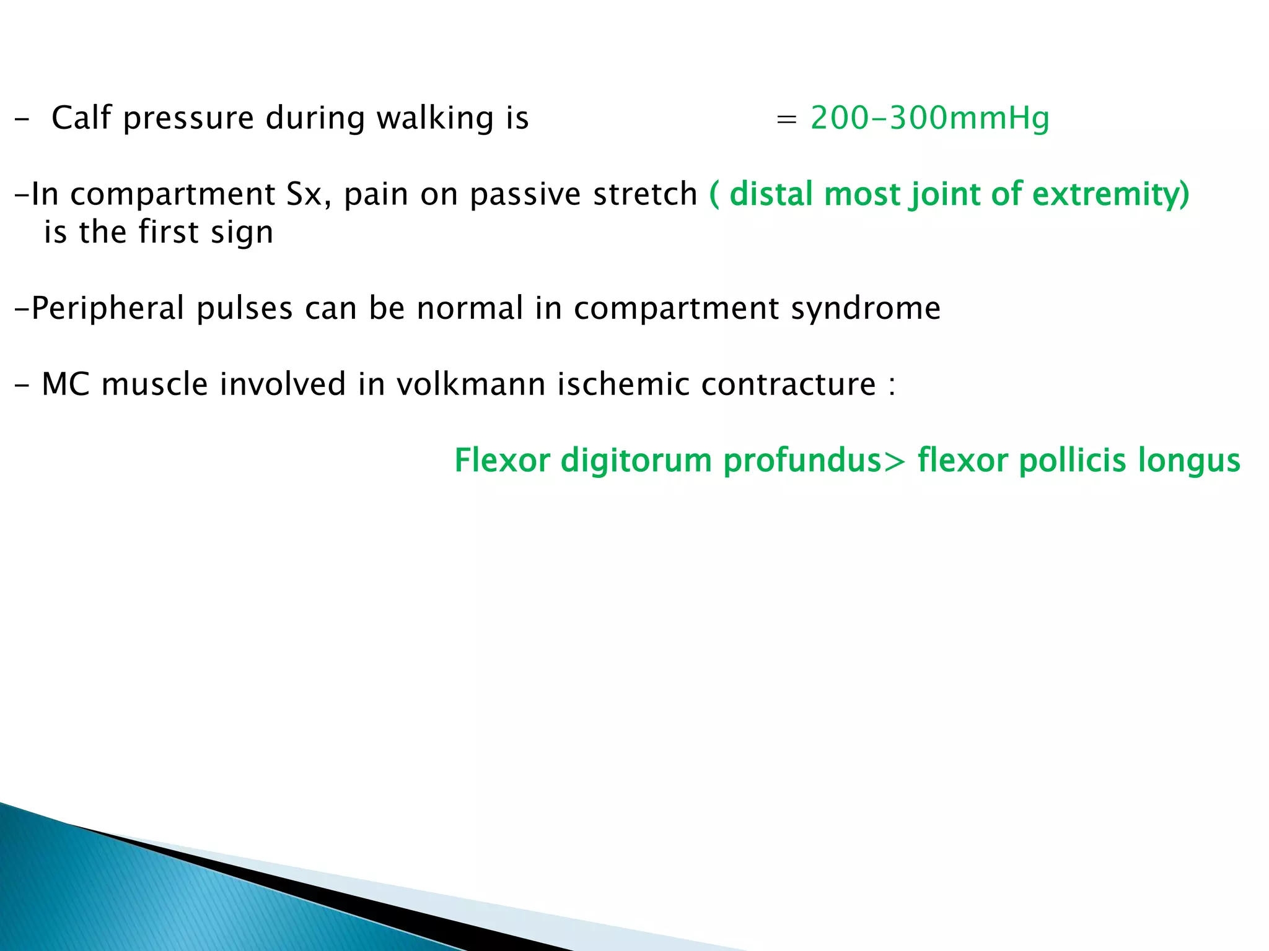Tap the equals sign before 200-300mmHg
point(786,119)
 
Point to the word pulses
point(244,308)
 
